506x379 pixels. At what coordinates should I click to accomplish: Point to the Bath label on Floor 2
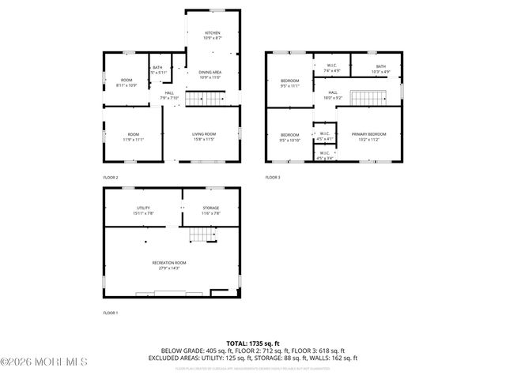(157, 69)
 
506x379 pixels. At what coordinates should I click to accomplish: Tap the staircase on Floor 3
(368, 98)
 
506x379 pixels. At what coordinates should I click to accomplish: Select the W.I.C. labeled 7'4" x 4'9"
(331, 69)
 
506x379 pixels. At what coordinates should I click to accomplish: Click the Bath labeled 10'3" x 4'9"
(381, 69)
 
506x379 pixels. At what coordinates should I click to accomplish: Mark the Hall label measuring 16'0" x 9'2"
(334, 95)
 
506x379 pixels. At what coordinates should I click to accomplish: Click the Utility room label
(144, 210)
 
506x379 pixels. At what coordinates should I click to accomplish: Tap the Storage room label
(210, 210)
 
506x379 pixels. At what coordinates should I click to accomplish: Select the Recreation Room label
(169, 265)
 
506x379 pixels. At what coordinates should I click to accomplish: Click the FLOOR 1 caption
(111, 313)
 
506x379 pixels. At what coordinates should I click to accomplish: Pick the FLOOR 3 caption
(273, 178)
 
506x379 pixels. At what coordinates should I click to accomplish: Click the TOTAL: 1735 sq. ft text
(253, 343)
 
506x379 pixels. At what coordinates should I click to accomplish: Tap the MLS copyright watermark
(43, 362)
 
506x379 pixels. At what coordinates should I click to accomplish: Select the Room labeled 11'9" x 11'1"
(133, 137)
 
